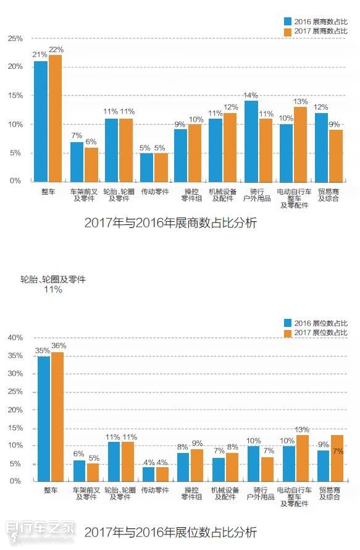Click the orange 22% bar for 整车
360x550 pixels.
(56, 117)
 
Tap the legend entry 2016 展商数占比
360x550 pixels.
(316, 20)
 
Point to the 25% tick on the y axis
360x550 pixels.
(14, 38)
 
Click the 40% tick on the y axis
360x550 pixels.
(14, 338)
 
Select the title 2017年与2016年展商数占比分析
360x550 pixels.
(170, 223)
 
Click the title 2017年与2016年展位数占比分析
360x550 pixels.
(170, 531)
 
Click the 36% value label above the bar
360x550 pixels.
(59, 346)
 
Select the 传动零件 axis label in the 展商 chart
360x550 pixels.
(154, 192)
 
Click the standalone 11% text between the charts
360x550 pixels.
(53, 290)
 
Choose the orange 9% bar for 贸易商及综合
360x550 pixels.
(335, 155)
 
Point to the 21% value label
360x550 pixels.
(40, 55)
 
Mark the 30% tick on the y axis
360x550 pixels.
(14, 374)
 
